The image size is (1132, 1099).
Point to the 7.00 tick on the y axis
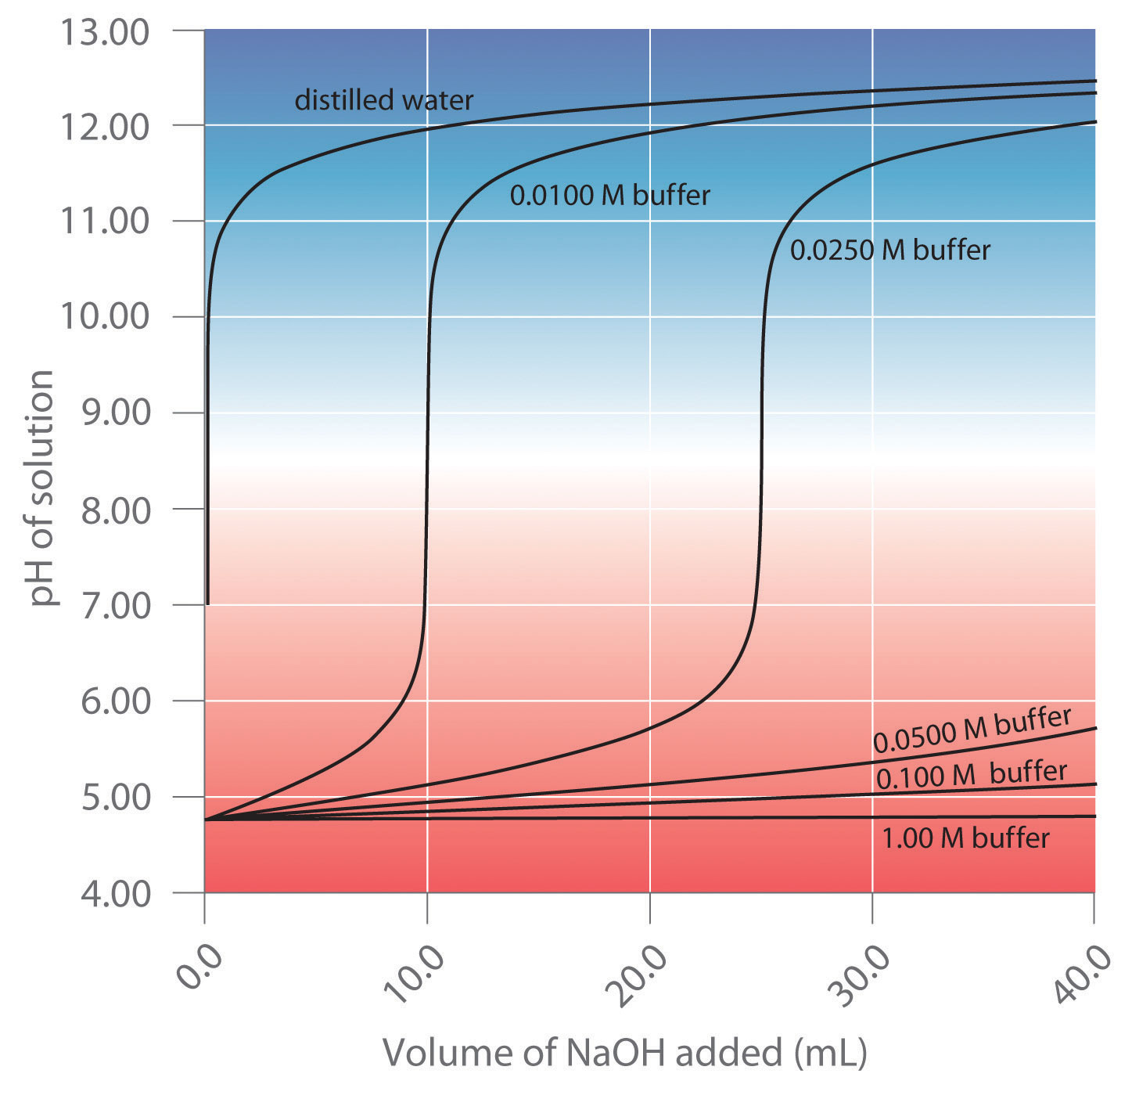pos(115,604)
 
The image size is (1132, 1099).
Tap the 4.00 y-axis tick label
pos(115,893)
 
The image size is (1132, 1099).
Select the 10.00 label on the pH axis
pos(105,316)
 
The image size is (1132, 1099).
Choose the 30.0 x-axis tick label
pos(861,975)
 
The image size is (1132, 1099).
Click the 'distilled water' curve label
pos(383,100)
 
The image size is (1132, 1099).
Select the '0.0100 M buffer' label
pos(609,195)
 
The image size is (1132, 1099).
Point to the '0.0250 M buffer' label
pos(889,250)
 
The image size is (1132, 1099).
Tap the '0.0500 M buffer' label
pos(972,730)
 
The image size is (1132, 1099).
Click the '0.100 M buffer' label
pos(971,774)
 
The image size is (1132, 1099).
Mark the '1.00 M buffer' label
pos(965,838)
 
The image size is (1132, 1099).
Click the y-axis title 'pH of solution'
pos(43,488)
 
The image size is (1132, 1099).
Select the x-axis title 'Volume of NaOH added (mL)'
pos(624,1053)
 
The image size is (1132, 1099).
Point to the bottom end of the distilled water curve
pos(207,603)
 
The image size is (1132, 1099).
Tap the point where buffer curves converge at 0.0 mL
pos(206,820)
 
